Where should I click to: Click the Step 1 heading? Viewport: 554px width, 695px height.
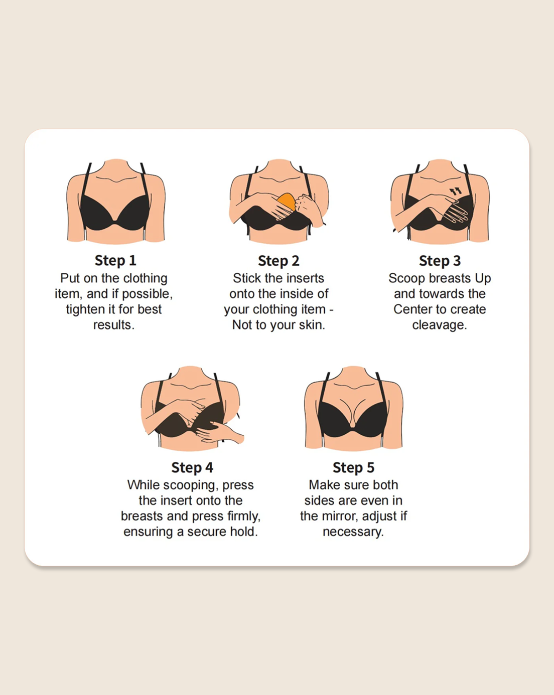115,261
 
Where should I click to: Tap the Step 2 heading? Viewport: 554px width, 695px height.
279,261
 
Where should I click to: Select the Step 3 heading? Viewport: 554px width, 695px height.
440,261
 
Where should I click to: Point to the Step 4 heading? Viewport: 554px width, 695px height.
192,468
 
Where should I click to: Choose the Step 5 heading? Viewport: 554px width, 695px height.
353,468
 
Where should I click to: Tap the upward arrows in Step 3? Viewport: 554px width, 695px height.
456,191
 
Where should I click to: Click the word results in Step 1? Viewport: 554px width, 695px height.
113,325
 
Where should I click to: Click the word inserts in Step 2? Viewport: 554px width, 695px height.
305,278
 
